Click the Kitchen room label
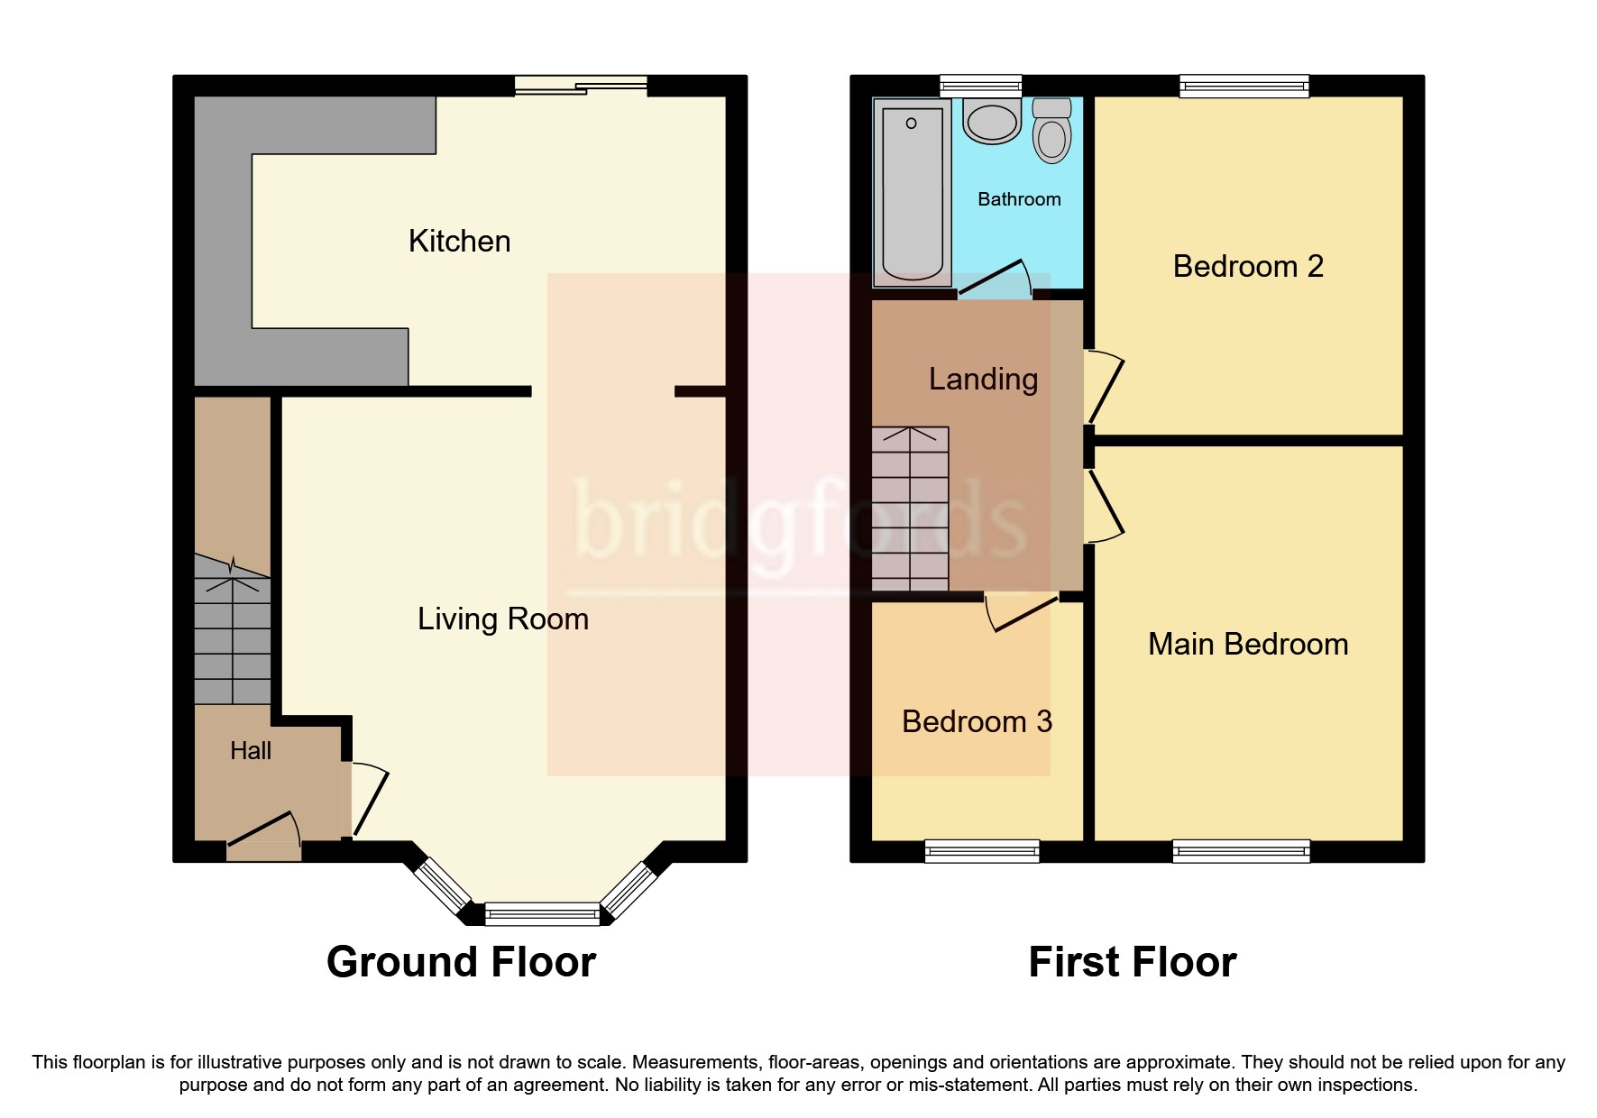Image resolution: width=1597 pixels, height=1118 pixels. (x=459, y=241)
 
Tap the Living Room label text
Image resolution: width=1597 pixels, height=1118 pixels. (x=502, y=619)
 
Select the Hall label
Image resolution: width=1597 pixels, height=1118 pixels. (x=251, y=750)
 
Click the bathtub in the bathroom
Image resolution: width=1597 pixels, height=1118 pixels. (x=912, y=192)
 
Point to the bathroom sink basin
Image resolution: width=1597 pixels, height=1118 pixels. (x=991, y=122)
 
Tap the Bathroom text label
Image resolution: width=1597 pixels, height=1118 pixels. (x=1019, y=199)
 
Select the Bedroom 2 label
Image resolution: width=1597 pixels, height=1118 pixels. (x=1247, y=266)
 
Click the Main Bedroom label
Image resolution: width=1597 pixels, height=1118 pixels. (x=1247, y=644)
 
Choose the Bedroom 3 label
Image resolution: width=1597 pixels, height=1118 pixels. (x=977, y=721)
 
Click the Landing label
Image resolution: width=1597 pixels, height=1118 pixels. (x=983, y=379)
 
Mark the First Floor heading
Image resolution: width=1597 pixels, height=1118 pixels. (x=1132, y=962)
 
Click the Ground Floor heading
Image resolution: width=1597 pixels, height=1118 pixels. (x=461, y=962)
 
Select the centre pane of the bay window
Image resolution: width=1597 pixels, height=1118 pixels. (x=542, y=914)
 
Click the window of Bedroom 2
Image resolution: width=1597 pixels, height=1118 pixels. (x=1244, y=87)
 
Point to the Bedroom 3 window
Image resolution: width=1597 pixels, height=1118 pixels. (x=982, y=850)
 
